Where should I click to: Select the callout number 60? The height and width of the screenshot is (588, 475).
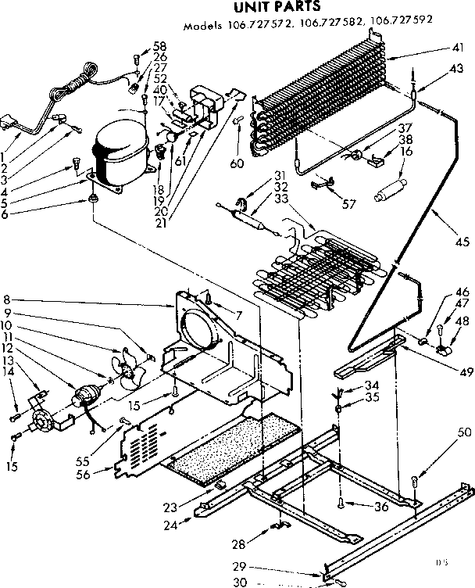(237, 163)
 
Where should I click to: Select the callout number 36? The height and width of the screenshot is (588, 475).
(380, 507)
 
